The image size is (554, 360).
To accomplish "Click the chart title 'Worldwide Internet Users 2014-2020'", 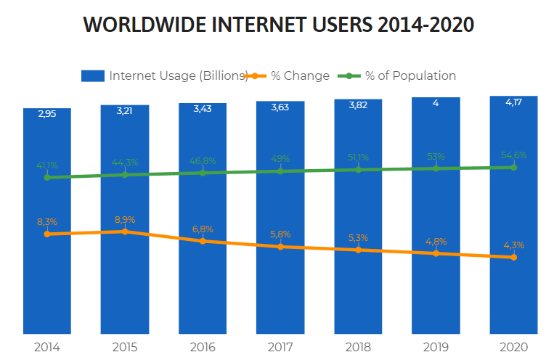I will (x=279, y=25).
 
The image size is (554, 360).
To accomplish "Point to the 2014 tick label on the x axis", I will (x=47, y=347).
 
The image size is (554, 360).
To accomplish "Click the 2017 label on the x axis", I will (x=280, y=347).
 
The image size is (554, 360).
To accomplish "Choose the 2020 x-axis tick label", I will (x=513, y=347).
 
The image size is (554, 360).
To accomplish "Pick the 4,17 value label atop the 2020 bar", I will (x=513, y=102).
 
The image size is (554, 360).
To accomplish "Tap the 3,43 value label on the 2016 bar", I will (x=203, y=109).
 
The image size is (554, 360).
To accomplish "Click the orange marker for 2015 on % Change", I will (x=125, y=232).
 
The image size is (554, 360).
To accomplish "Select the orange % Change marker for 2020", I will (x=513, y=257).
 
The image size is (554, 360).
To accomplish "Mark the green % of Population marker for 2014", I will (x=47, y=177).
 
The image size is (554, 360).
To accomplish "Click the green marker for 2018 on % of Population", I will (x=358, y=170).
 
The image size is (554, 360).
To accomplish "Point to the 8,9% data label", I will (x=125, y=219).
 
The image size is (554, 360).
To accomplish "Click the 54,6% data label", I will (x=513, y=155).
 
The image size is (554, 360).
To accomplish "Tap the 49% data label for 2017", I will (x=280, y=159).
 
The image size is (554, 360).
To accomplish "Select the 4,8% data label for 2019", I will (x=436, y=241).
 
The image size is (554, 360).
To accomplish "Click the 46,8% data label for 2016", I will (x=203, y=160).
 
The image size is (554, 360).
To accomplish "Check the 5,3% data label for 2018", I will (x=358, y=237).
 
